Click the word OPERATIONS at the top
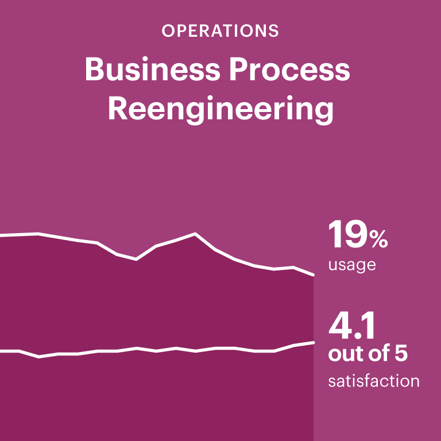220,31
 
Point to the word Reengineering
220,109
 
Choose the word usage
351,265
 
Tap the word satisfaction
374,381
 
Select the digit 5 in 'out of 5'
400,354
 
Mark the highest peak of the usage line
195,234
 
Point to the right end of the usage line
314,275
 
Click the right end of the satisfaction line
314,342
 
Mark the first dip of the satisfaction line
38,357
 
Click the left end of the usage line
1,235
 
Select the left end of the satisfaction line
1,350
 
